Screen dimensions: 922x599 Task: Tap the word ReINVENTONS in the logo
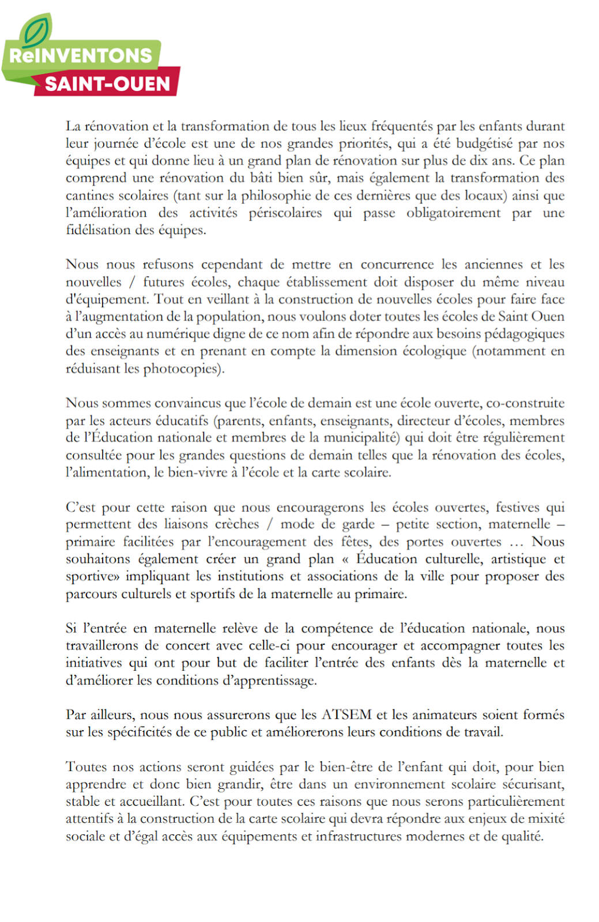81,56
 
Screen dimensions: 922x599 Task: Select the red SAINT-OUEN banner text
108,84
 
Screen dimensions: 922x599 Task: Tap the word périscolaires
285,213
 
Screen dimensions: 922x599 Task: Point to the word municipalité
361,437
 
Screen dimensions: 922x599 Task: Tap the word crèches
237,524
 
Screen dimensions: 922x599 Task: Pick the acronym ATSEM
346,715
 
